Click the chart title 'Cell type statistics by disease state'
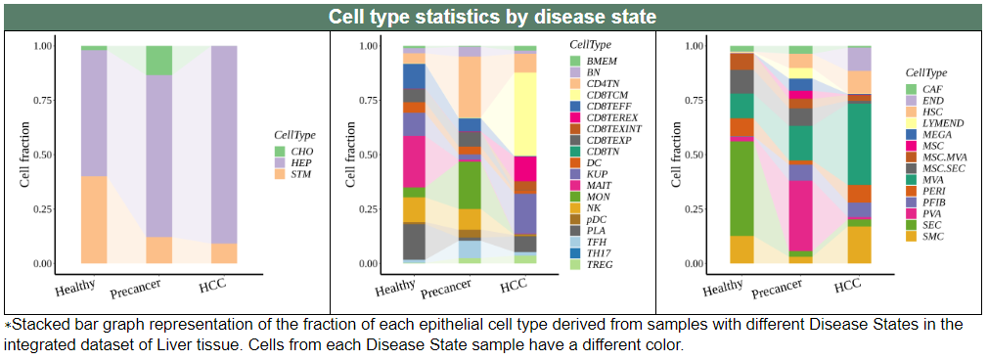tap(492, 17)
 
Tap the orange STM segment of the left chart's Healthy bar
tap(94, 219)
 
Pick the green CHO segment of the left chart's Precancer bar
tap(158, 61)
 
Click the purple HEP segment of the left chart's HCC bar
tap(224, 145)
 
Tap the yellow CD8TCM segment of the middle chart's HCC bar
tap(525, 114)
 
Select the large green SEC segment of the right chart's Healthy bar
tap(741, 189)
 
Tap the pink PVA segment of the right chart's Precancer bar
tap(801, 215)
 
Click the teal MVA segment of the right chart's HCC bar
tap(859, 144)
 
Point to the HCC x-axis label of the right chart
tap(847, 286)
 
